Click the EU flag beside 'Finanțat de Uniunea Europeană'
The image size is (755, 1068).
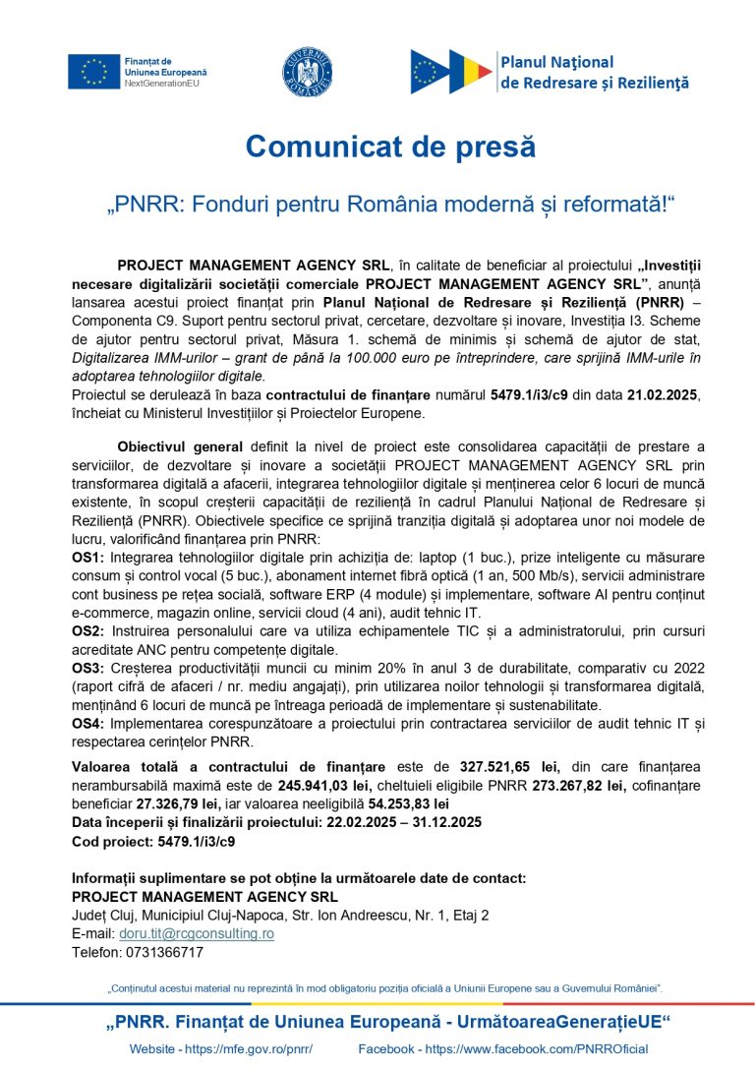[x=93, y=72]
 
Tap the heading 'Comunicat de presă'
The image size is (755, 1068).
[x=390, y=147]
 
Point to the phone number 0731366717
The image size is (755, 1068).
[x=138, y=952]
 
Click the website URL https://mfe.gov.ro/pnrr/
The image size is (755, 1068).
[x=248, y=1049]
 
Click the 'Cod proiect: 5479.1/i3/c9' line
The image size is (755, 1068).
[x=153, y=842]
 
